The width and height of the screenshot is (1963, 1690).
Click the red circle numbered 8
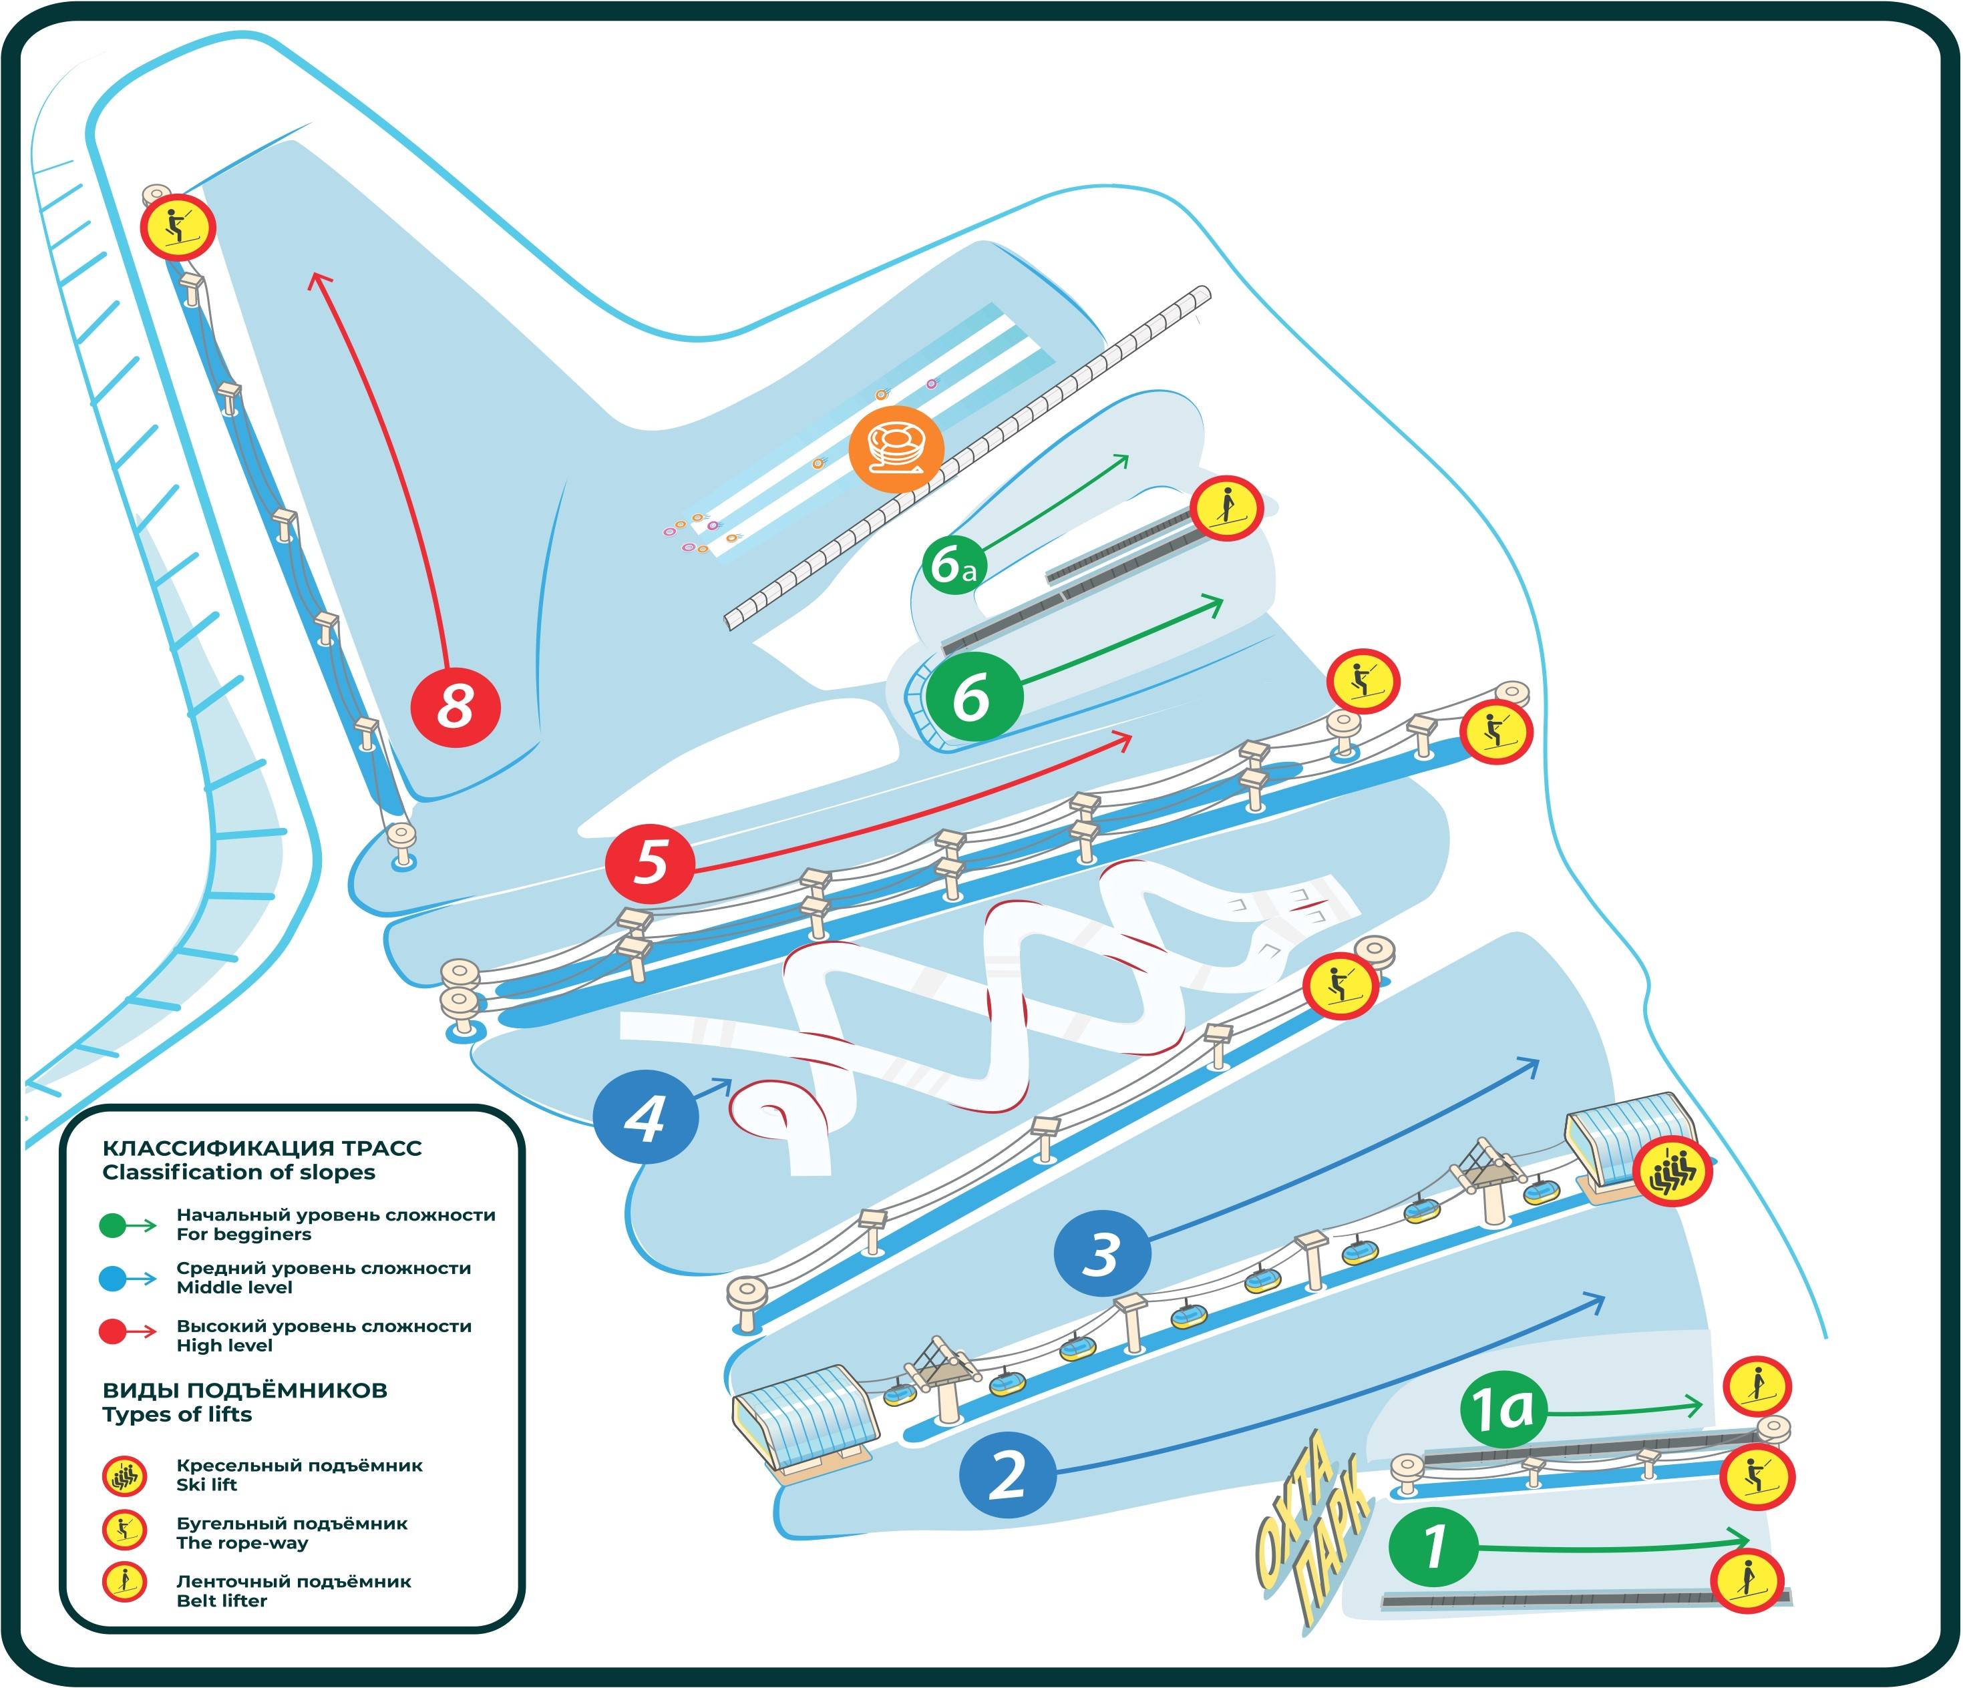tap(455, 706)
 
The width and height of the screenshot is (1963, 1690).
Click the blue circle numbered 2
tap(1008, 1475)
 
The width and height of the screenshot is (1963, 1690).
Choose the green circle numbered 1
tap(1433, 1548)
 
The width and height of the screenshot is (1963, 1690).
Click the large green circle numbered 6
tap(974, 697)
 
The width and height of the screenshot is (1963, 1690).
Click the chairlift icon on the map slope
tap(1671, 1171)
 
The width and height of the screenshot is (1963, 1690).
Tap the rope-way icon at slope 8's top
tap(178, 227)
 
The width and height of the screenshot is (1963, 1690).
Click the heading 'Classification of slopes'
tap(238, 1173)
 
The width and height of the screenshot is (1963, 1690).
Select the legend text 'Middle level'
tap(234, 1287)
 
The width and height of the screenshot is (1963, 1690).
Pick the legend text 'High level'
tap(224, 1345)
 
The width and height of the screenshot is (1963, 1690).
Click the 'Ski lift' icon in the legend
tap(124, 1476)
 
